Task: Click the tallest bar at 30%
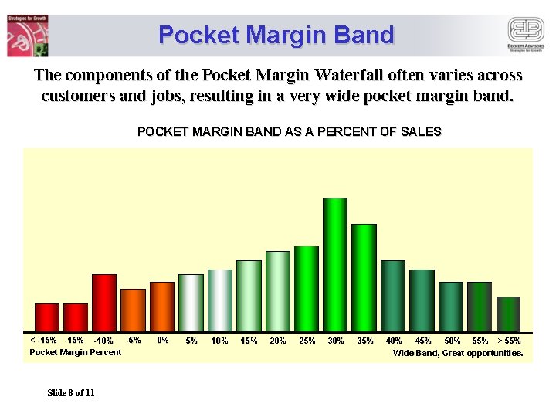point(335,265)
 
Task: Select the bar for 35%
point(364,278)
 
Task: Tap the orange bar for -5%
point(133,310)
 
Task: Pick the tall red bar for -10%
point(104,303)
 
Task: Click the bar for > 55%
point(508,314)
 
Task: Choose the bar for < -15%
point(47,317)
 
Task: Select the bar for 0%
point(162,307)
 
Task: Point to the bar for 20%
point(278,291)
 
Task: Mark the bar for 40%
point(393,296)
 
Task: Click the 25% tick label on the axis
point(307,341)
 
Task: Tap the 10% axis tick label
point(219,341)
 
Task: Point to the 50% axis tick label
point(452,341)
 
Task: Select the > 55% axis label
point(509,341)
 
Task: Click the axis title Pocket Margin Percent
point(75,352)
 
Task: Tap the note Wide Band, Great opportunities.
point(458,353)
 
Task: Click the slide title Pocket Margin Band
point(276,35)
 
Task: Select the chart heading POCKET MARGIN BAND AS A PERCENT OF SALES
point(289,131)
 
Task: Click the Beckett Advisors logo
point(525,35)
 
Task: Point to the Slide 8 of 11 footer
point(71,393)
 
